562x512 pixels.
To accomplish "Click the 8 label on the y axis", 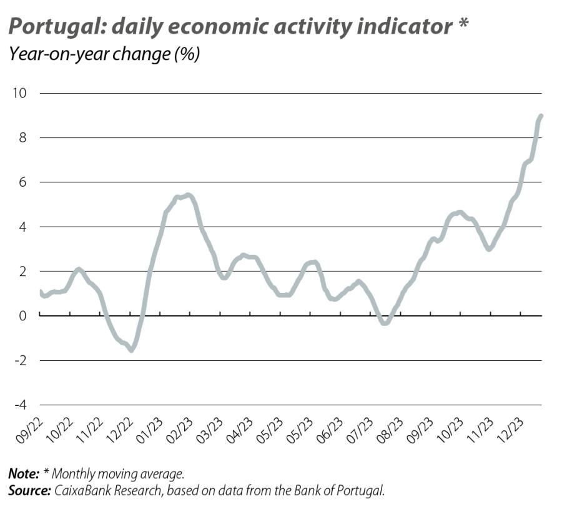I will click(23, 138).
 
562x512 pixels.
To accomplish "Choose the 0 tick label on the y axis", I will click(23, 316).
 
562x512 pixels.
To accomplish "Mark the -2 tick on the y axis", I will click(20, 360).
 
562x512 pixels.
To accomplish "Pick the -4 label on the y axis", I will click(20, 405).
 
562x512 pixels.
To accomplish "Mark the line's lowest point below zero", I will click(132, 350).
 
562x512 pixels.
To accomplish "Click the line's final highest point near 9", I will click(541, 116).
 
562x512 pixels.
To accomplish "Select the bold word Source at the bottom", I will click(29, 491).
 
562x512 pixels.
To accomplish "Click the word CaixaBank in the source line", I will click(82, 491).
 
